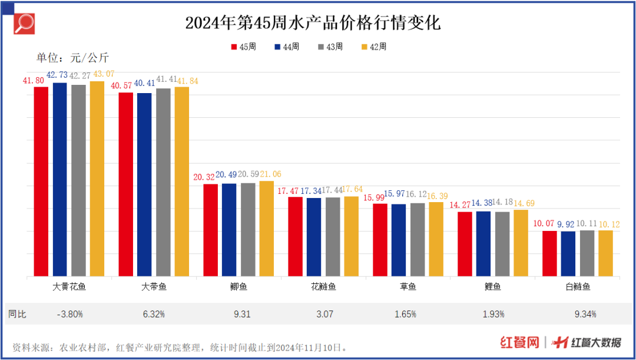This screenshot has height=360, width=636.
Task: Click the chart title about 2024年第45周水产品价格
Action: [x=313, y=23]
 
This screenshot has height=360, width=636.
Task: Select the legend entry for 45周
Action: [x=243, y=47]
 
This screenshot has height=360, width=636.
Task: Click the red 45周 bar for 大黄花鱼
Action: [x=41, y=181]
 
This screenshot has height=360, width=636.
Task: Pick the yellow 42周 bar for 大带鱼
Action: [x=181, y=181]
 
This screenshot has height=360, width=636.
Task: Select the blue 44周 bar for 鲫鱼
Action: [x=229, y=230]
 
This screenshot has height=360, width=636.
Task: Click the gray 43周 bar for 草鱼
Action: [x=418, y=239]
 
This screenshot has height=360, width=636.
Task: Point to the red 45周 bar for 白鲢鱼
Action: [x=549, y=253]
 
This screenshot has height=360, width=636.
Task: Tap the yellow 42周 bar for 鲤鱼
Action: [x=521, y=243]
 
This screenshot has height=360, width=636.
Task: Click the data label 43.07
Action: [x=101, y=74]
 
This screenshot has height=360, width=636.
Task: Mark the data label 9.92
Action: [x=569, y=224]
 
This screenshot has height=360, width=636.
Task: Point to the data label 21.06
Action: [x=270, y=174]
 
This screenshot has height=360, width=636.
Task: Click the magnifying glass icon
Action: [x=24, y=24]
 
